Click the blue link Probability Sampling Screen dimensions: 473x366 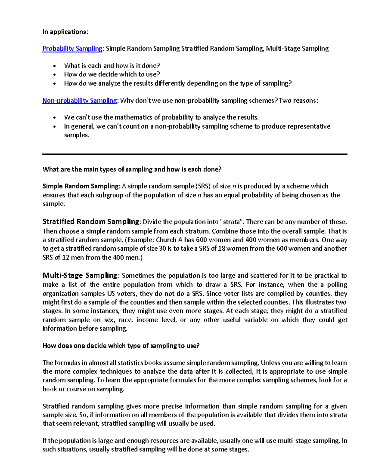point(72,48)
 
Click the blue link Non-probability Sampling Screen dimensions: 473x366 point(80,101)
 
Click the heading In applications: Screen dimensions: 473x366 point(65,32)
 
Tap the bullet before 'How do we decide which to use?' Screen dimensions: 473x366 point(55,75)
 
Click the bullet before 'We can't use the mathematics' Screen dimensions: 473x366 point(55,118)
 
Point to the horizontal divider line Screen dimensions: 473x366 point(195,154)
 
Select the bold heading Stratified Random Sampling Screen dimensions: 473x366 point(91,221)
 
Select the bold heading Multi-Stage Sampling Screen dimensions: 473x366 point(80,275)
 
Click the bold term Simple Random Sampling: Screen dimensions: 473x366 point(81,186)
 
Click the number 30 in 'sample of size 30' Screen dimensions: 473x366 point(163,249)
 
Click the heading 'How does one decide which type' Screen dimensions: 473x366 point(121,345)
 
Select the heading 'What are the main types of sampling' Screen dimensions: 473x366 point(132,169)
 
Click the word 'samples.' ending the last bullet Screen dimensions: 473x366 point(77,135)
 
